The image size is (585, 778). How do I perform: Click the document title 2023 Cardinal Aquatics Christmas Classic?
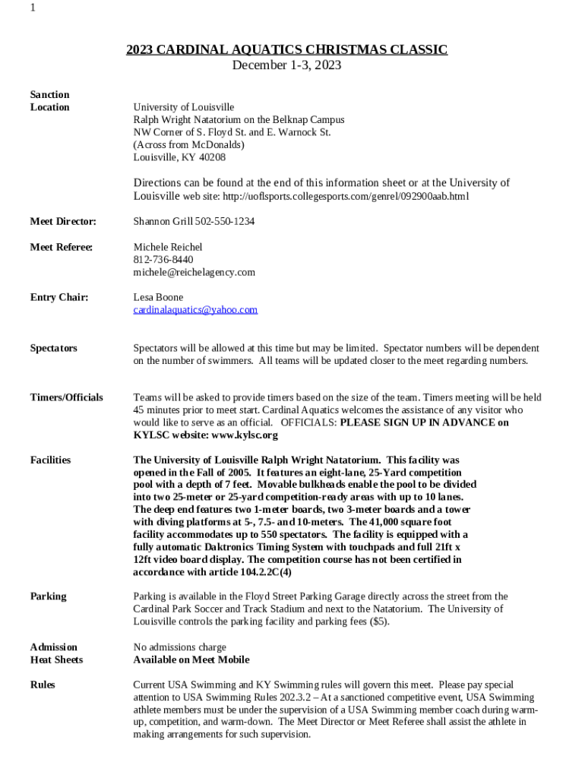pyautogui.click(x=286, y=50)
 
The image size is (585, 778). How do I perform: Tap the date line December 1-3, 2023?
pyautogui.click(x=286, y=65)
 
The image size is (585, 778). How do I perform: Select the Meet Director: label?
pyautogui.click(x=63, y=222)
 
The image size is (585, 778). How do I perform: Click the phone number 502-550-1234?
pyautogui.click(x=225, y=222)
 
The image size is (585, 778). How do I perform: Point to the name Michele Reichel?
pyautogui.click(x=168, y=247)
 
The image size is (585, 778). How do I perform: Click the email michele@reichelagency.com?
pyautogui.click(x=194, y=272)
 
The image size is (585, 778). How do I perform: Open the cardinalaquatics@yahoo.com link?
pyautogui.click(x=195, y=310)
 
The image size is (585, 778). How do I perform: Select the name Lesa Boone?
pyautogui.click(x=158, y=297)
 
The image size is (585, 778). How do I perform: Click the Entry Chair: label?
pyautogui.click(x=58, y=297)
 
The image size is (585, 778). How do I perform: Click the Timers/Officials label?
pyautogui.click(x=67, y=397)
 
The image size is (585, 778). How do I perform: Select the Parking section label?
pyautogui.click(x=48, y=596)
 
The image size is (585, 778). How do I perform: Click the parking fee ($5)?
pyautogui.click(x=378, y=621)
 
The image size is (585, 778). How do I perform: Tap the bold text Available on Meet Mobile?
pyautogui.click(x=191, y=659)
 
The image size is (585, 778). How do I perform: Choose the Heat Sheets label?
pyautogui.click(x=56, y=659)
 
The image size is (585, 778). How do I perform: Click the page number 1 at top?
pyautogui.click(x=33, y=8)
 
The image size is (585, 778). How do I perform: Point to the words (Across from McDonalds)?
pyautogui.click(x=189, y=144)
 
